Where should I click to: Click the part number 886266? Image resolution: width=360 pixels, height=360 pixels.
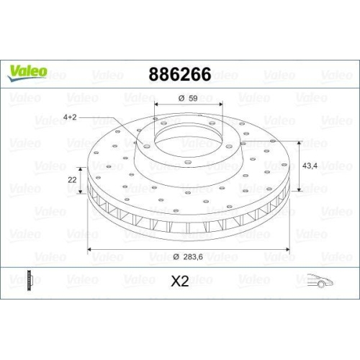(179, 73)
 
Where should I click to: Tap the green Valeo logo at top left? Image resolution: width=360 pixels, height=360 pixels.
(28, 71)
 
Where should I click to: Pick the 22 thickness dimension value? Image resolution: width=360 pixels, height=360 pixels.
(72, 179)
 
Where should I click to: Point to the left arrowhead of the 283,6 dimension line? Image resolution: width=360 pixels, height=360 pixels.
(90, 249)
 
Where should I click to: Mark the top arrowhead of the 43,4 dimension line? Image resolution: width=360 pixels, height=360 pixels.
(294, 140)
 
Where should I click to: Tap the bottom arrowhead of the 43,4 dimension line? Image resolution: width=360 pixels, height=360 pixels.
(294, 192)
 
